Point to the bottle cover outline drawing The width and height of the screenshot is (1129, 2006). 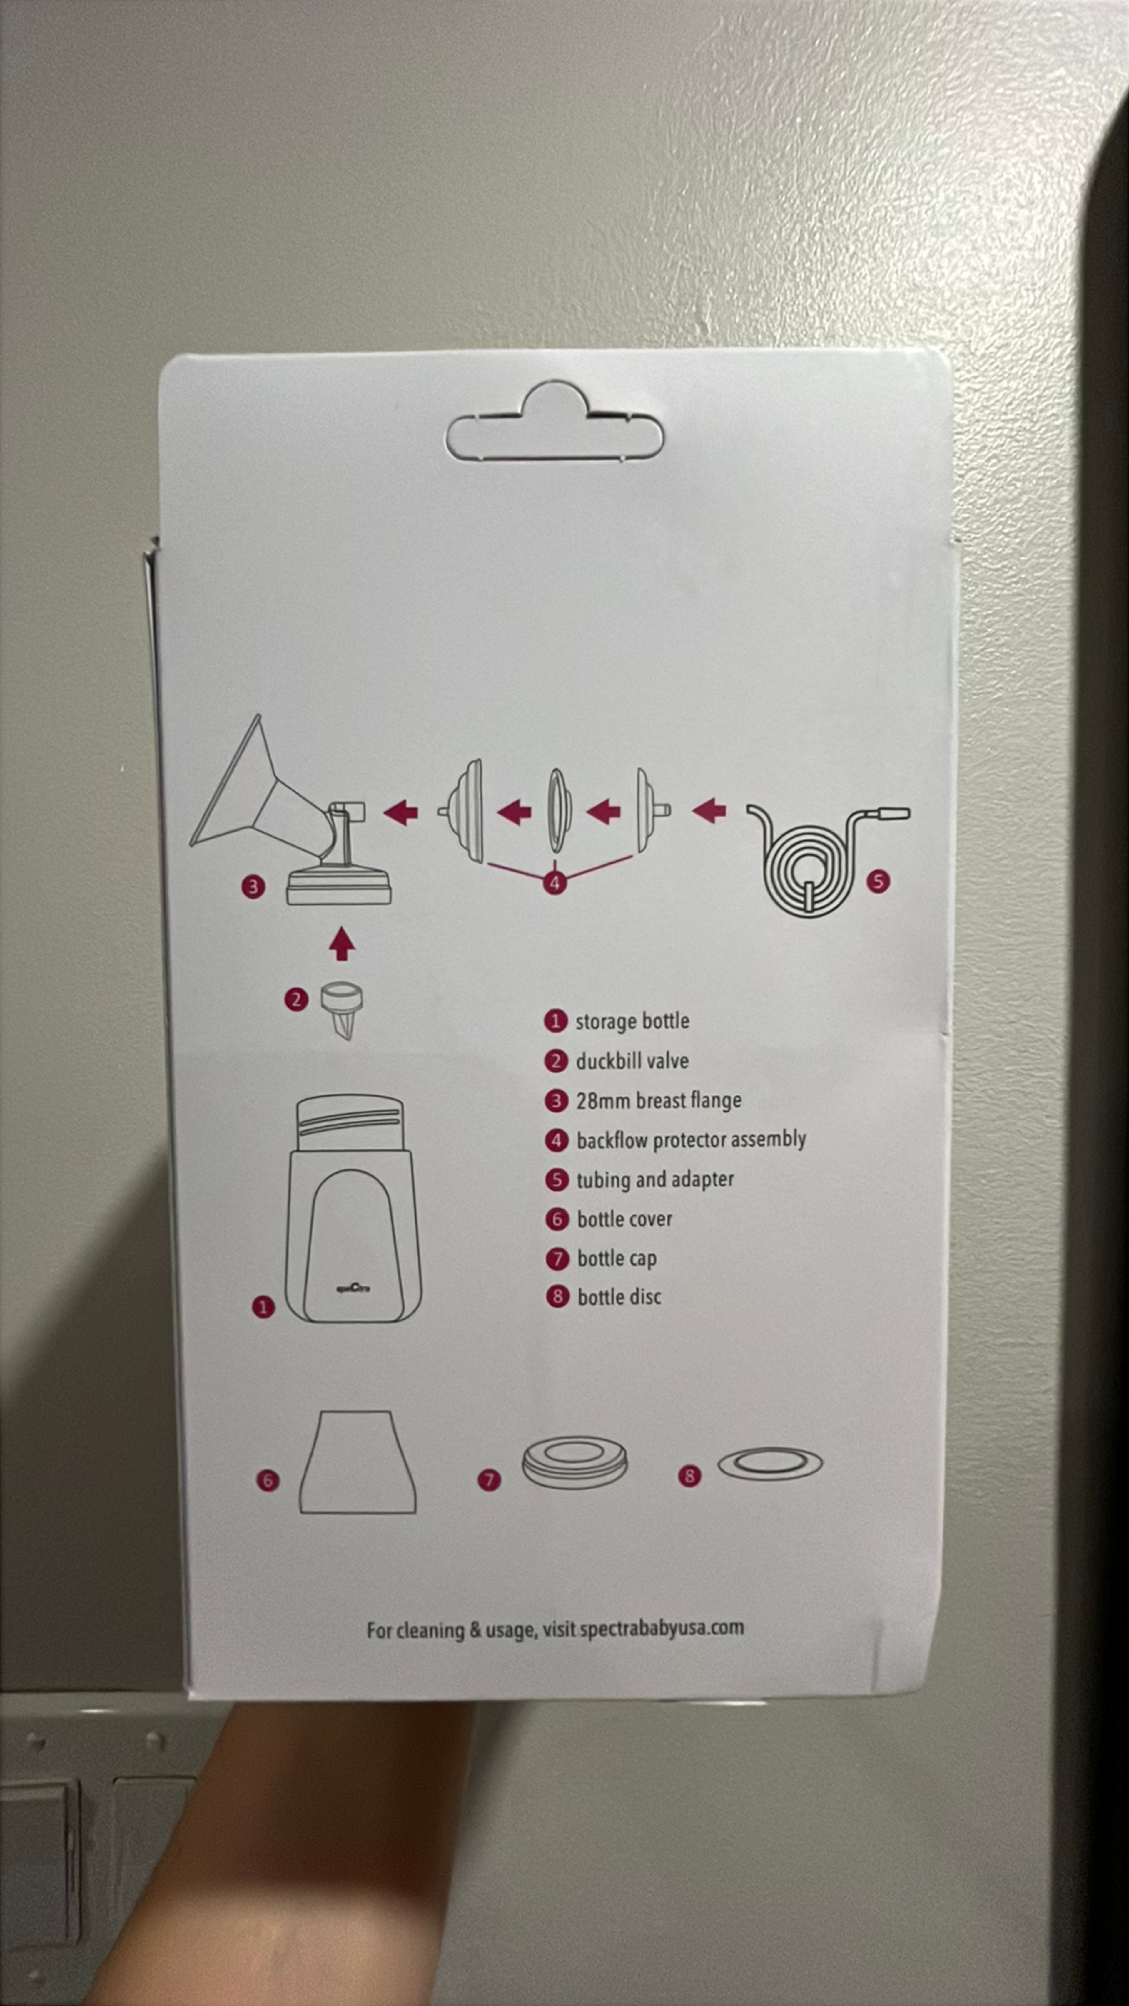pos(358,1462)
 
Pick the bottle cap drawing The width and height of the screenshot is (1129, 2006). pos(574,1461)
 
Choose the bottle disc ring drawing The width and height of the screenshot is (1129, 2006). pos(770,1464)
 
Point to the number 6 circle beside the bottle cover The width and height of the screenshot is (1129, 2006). pos(267,1479)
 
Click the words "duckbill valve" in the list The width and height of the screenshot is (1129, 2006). pos(632,1061)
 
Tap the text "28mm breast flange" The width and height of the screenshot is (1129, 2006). pos(658,1100)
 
